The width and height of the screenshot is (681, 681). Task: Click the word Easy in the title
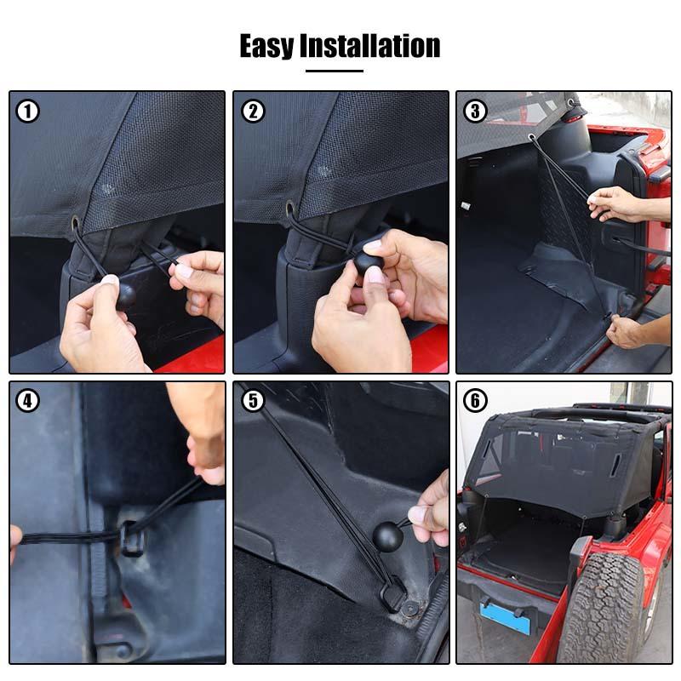pos(267,45)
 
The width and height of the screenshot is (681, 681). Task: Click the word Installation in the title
pos(369,45)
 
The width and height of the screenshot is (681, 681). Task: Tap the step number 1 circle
pos(28,111)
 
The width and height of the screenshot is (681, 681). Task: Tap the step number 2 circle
pos(252,111)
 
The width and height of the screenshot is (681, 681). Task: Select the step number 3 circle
pos(476,111)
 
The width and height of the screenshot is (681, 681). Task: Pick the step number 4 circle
pos(28,401)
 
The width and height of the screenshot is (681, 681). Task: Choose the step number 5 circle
pos(252,401)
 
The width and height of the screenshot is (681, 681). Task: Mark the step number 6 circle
pos(476,401)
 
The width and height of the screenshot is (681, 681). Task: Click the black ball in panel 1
pos(124,295)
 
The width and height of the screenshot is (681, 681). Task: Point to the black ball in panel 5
pos(388,536)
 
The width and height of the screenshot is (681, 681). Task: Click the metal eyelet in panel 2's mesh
pos(291,209)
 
